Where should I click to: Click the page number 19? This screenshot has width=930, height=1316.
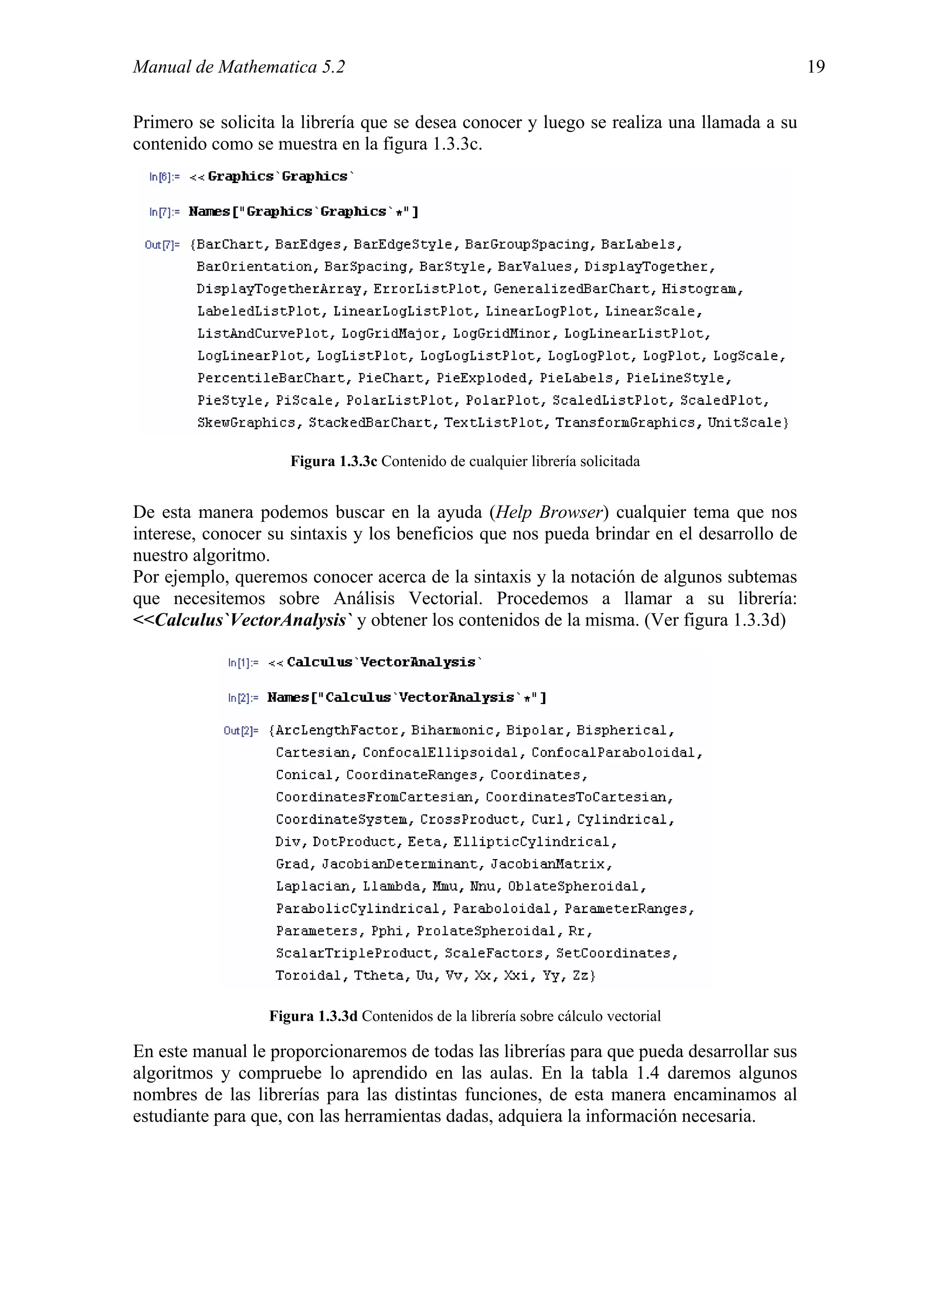816,67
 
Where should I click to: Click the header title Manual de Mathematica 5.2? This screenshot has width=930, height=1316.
239,67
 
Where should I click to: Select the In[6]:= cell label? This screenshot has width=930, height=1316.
164,177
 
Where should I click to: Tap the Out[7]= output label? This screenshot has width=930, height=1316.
162,245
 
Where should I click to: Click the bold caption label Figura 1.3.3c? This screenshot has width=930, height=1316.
333,462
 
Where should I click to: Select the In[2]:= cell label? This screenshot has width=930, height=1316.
243,698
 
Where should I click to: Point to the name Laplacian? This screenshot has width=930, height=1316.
312,887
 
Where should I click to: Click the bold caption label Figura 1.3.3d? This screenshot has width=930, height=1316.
313,1016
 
